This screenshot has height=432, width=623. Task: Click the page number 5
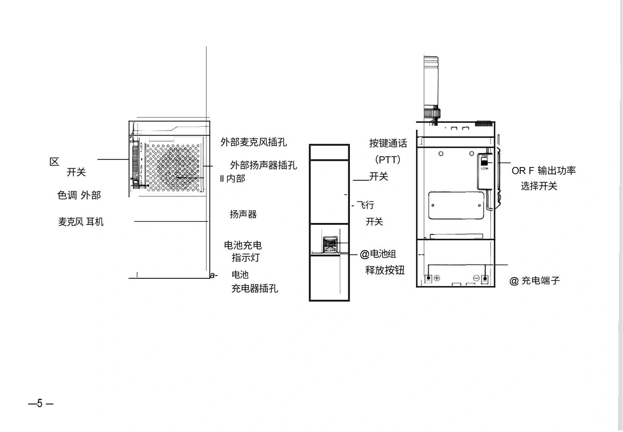coord(40,404)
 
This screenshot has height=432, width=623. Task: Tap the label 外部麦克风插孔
coord(254,142)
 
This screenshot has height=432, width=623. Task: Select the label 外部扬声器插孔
coord(263,165)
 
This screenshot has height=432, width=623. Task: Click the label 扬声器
coord(243,214)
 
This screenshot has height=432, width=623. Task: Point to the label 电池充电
coord(243,245)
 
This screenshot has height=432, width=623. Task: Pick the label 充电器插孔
coord(254,288)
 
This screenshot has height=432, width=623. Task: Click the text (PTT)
coord(388,159)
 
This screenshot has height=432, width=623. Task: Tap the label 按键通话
coord(388,143)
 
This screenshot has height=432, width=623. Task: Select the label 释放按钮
coord(385,270)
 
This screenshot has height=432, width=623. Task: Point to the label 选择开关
coord(539,186)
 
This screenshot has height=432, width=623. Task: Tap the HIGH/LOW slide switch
coord(484,162)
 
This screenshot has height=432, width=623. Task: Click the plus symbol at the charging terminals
coord(437,278)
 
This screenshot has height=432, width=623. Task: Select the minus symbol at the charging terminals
coord(476,278)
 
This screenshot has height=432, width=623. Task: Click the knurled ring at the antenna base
coord(432,113)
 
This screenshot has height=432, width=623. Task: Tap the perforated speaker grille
coord(173,168)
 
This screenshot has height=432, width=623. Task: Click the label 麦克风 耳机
coord(81,222)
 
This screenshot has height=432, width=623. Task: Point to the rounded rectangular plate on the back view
coord(456,205)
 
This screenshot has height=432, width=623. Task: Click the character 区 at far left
coord(54,162)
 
